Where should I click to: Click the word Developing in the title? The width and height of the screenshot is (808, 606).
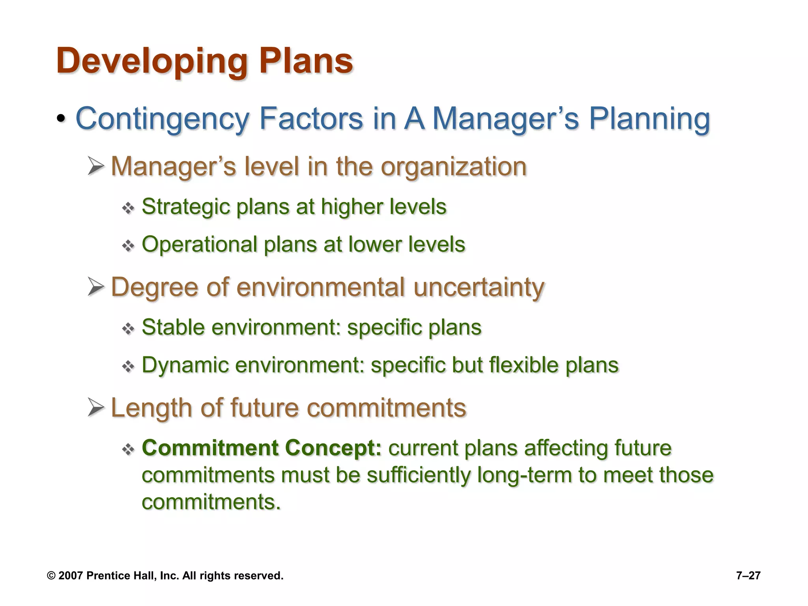151,61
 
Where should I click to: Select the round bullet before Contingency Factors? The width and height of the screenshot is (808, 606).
61,119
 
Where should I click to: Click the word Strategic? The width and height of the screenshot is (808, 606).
185,207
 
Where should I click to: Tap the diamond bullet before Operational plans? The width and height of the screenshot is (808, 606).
128,246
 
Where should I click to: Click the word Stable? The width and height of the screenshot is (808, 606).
173,327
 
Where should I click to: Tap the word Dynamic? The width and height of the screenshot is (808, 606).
185,365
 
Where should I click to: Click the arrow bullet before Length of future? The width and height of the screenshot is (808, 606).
96,408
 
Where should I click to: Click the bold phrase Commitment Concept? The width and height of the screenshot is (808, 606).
262,448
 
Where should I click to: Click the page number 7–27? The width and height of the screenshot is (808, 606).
748,576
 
